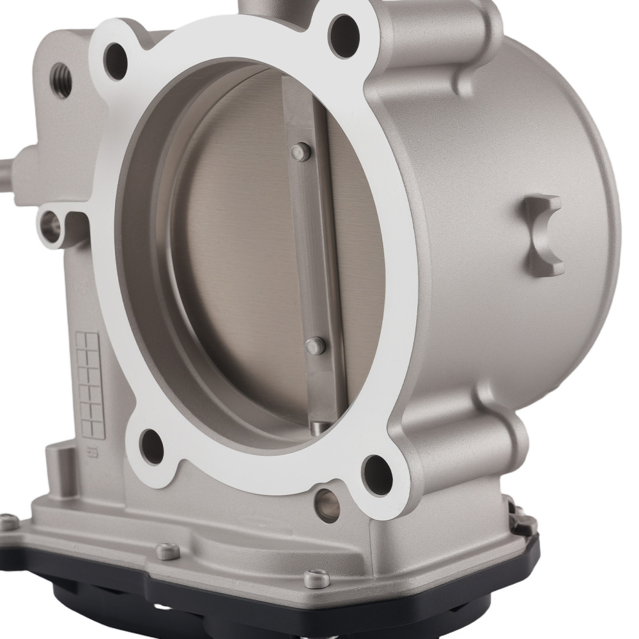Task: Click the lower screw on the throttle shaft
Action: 312,346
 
